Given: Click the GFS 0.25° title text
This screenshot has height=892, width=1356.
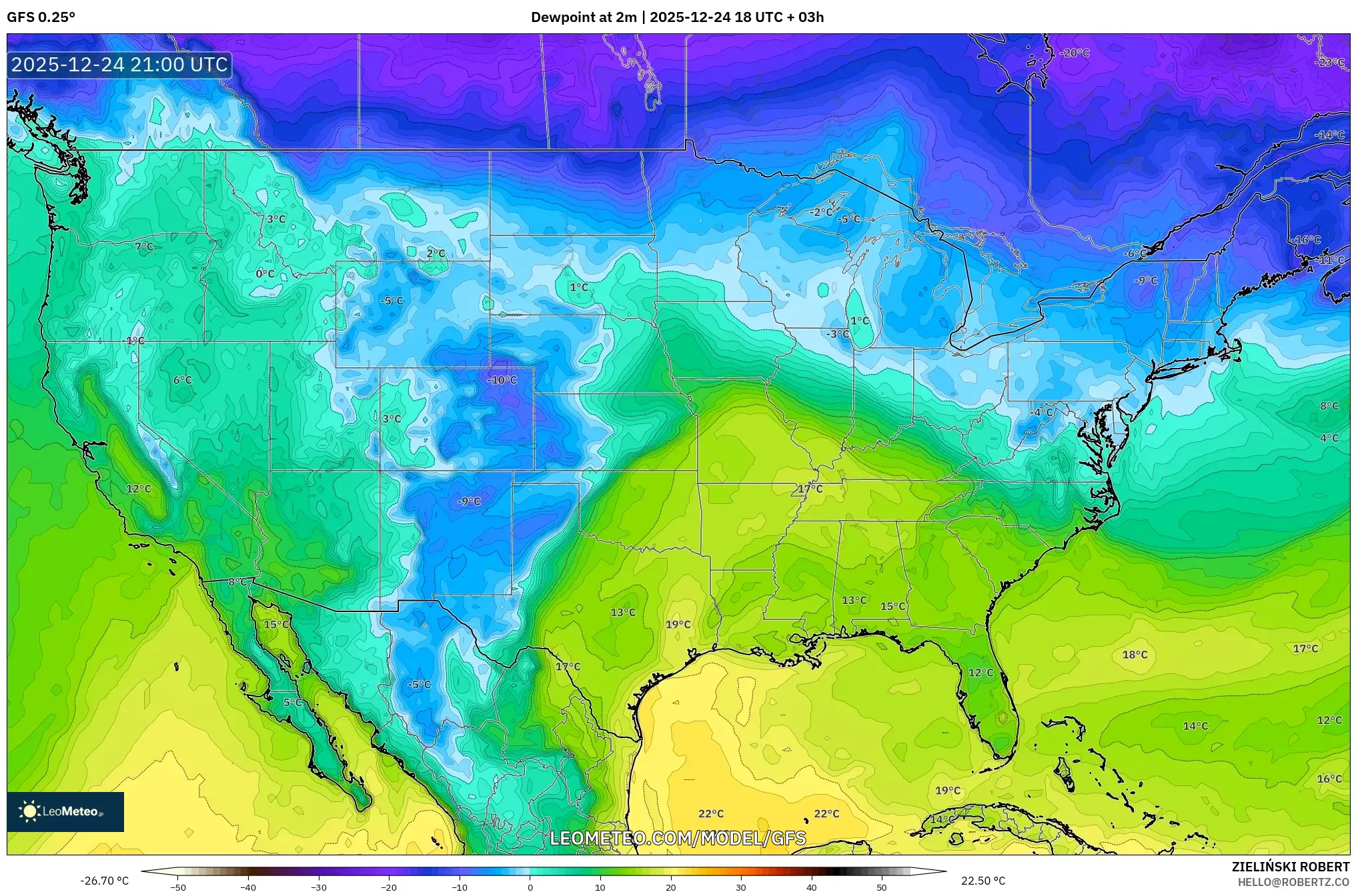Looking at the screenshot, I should (41, 17).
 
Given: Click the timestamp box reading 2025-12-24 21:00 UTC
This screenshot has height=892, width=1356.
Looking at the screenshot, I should (119, 65).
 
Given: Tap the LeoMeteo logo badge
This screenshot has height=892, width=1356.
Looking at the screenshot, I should (65, 811).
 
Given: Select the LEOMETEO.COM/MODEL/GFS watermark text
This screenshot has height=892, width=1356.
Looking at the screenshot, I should (678, 838).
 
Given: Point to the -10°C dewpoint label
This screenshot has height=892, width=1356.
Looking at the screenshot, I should (502, 380).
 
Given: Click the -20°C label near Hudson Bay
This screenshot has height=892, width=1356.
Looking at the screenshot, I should (1075, 53).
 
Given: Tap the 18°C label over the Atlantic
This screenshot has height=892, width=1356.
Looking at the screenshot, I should (1135, 655).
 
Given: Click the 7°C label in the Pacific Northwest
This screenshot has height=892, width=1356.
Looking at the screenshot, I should (144, 247).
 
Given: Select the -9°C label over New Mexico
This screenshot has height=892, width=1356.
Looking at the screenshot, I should (468, 501).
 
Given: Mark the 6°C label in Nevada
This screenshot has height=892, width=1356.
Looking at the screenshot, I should (182, 380).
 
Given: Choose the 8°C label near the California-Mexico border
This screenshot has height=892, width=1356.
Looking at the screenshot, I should (237, 581).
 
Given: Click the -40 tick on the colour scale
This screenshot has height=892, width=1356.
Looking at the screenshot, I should (248, 887).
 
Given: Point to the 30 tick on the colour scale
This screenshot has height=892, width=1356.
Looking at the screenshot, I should (740, 887).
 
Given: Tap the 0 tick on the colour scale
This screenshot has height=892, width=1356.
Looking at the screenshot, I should (530, 887).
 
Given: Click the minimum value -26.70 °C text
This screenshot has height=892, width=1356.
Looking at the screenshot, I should (104, 881).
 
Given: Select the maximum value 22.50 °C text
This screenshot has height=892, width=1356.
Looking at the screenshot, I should (982, 881).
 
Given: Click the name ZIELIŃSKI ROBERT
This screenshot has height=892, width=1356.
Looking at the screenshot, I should (1290, 867).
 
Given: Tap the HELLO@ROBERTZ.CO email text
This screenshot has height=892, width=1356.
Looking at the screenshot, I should (1293, 882).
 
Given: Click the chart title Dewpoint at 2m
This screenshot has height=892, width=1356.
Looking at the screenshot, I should (583, 17).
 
